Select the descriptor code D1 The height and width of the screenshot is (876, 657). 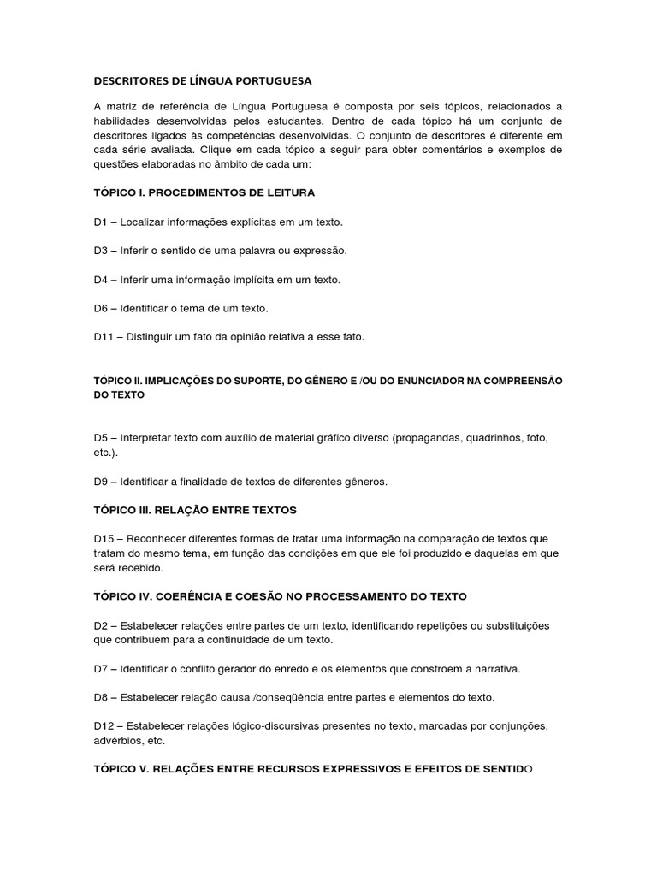tap(101, 222)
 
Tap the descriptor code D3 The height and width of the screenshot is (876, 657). tap(101, 251)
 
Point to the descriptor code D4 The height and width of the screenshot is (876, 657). tap(101, 280)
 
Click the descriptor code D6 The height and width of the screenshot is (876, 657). tap(101, 308)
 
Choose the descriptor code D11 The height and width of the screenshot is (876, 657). tap(104, 337)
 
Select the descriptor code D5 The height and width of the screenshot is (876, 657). tap(101, 438)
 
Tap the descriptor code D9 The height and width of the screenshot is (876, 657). tap(101, 482)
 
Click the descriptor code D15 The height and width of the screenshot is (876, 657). tap(104, 539)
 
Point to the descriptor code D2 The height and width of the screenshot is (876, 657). tap(101, 625)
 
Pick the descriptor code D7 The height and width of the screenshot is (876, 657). tap(101, 668)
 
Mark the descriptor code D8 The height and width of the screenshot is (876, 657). tap(101, 697)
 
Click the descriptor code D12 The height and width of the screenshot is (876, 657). tap(104, 726)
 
